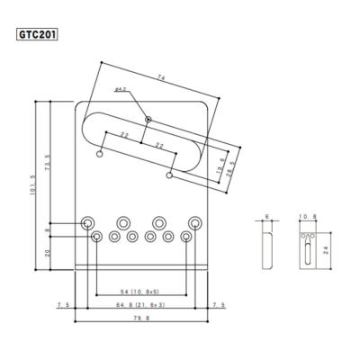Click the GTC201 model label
tap(38, 35)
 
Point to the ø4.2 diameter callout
tap(119, 90)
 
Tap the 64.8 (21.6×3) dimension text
tap(139, 305)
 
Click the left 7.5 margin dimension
tap(64, 305)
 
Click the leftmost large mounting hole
tap(88, 221)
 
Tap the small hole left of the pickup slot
tap(101, 152)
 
